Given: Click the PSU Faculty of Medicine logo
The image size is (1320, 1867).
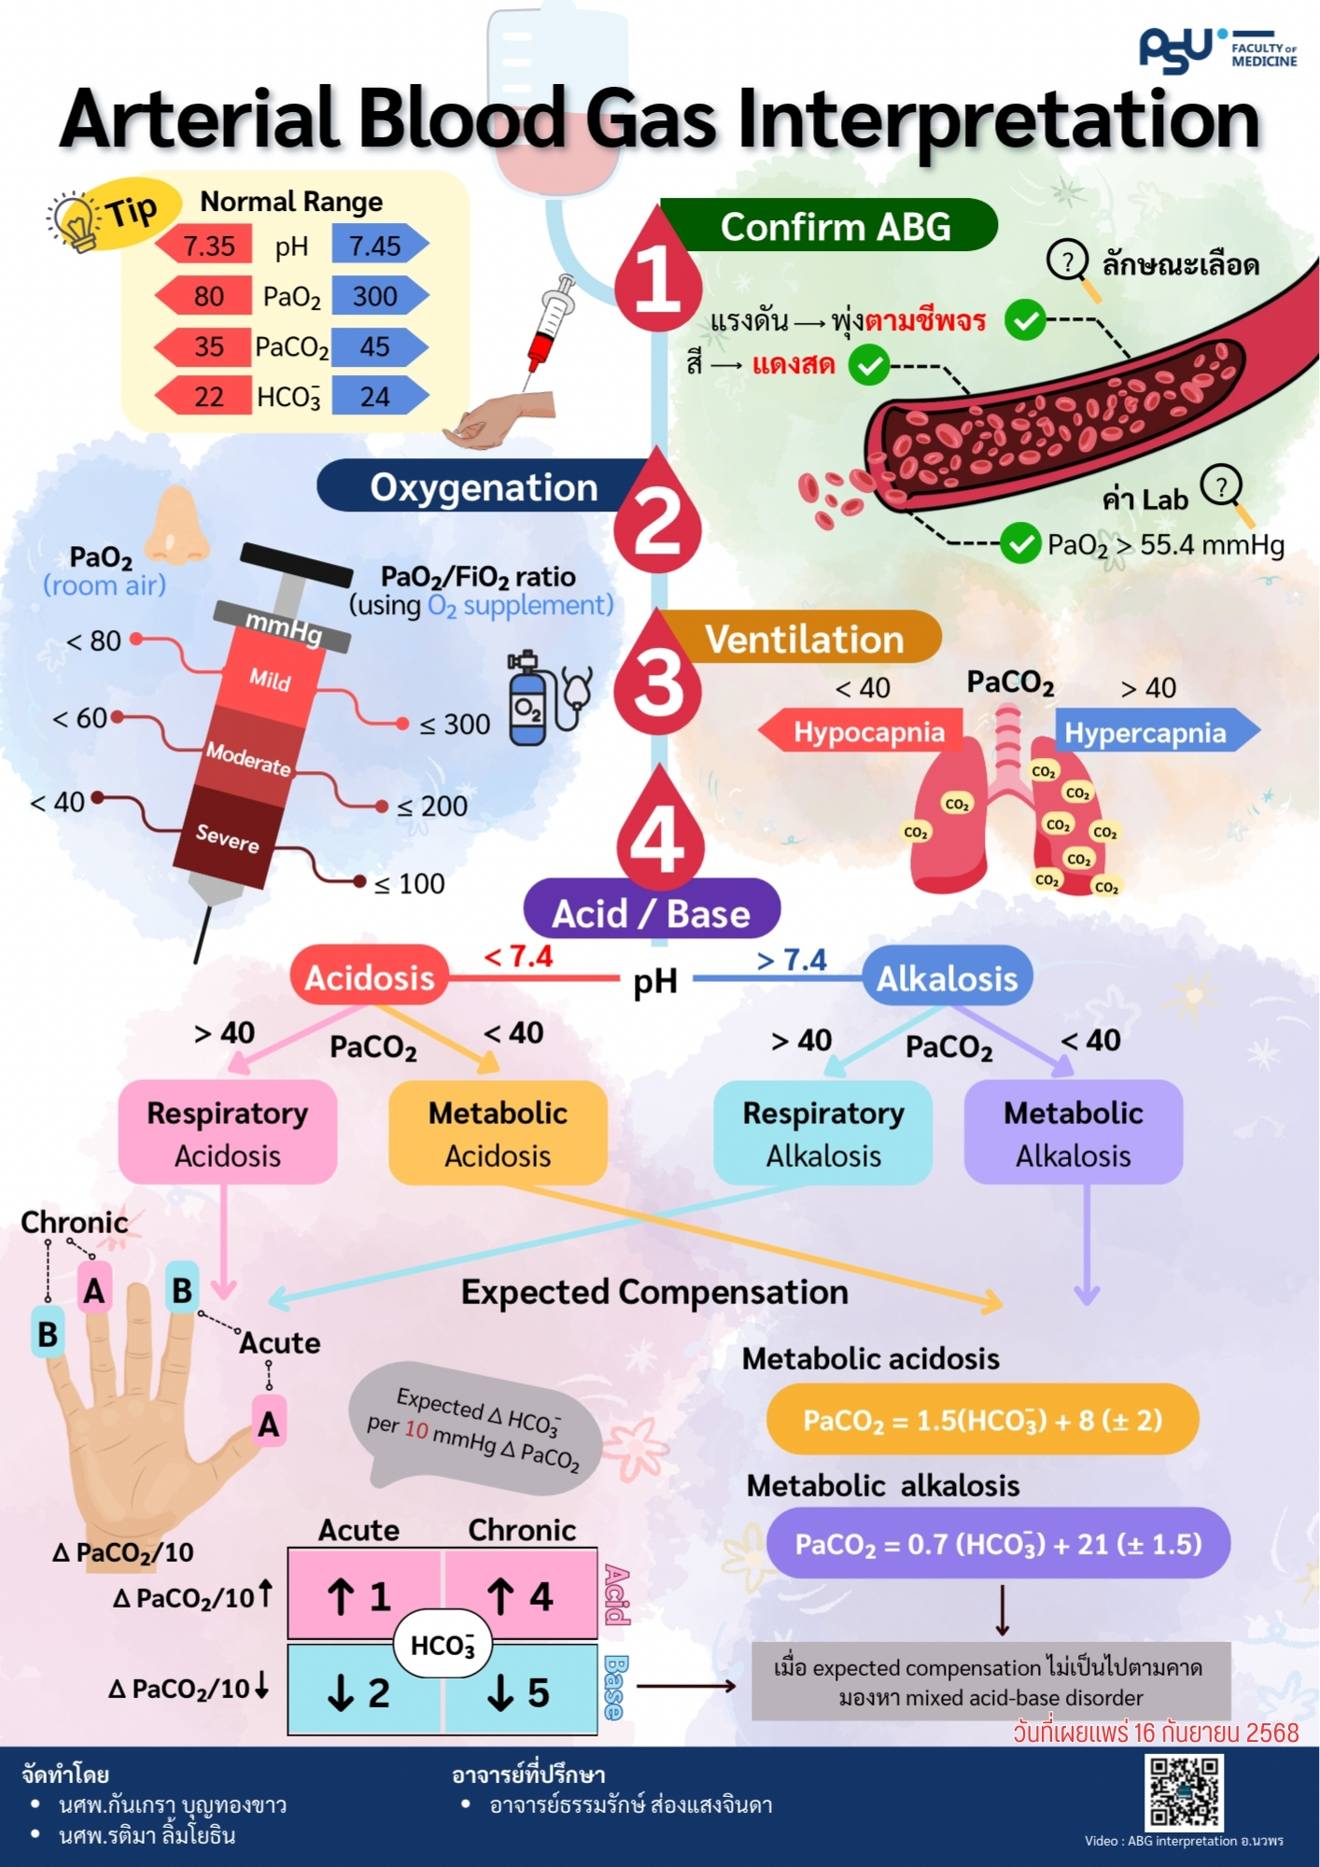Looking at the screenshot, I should [x=1216, y=50].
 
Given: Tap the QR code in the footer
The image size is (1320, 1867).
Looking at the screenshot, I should [x=1185, y=1791].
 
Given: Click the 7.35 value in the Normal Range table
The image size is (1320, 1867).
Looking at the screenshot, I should [x=207, y=246].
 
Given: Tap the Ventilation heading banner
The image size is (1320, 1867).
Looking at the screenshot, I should [x=804, y=639].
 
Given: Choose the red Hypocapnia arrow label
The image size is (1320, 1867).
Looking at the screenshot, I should [x=864, y=732].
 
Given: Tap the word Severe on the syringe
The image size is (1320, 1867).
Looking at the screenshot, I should [x=228, y=837].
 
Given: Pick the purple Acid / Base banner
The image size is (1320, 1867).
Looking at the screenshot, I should [x=651, y=912].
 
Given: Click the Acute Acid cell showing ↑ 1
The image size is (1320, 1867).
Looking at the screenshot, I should [x=361, y=1596].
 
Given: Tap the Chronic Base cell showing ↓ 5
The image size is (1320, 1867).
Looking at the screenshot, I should [x=521, y=1692].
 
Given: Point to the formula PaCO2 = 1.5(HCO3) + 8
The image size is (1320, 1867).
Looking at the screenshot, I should [x=982, y=1420].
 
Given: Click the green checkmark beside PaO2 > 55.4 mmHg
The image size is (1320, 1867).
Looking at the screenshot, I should [x=1020, y=543].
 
